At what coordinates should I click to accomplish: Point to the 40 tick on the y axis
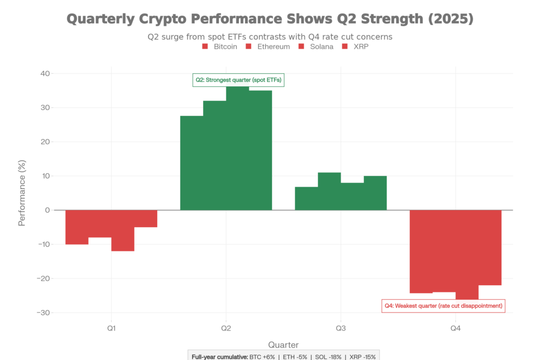(x=45, y=74)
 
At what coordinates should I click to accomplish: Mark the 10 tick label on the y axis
(x=45, y=176)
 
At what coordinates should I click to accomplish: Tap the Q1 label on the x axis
(x=111, y=328)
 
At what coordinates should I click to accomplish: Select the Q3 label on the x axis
(x=341, y=328)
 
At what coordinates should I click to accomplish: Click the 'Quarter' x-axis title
(x=283, y=345)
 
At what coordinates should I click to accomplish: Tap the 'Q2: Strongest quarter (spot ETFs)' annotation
(x=238, y=80)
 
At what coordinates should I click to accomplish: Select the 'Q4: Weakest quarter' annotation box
(x=443, y=306)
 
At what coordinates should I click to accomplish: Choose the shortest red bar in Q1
(x=146, y=219)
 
